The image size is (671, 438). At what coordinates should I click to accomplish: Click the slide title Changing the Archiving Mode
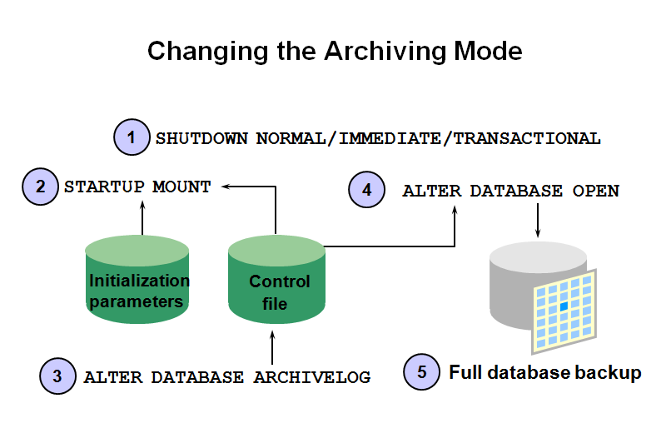[x=335, y=51]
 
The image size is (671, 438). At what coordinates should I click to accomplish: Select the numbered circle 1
[x=131, y=137]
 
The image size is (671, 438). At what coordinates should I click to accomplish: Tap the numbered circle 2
[x=39, y=186]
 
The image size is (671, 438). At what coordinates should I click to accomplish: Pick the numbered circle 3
[x=57, y=376]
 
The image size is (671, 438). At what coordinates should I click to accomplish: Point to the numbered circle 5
[x=421, y=372]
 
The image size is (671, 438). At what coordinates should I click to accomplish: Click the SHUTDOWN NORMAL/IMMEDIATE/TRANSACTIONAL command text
[x=378, y=138]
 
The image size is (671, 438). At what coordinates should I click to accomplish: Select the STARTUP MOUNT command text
[x=137, y=187]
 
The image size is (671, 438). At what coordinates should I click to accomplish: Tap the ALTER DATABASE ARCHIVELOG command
[x=226, y=376]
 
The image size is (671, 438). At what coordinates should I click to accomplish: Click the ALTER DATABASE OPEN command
[x=510, y=191]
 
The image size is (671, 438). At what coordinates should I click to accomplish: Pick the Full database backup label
[x=545, y=372]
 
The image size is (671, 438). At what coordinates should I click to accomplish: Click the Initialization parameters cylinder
[x=137, y=283]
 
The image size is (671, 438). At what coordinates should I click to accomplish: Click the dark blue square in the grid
[x=564, y=306]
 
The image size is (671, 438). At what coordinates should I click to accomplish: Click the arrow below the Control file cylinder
[x=272, y=346]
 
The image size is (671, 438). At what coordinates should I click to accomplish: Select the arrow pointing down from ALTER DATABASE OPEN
[x=539, y=220]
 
